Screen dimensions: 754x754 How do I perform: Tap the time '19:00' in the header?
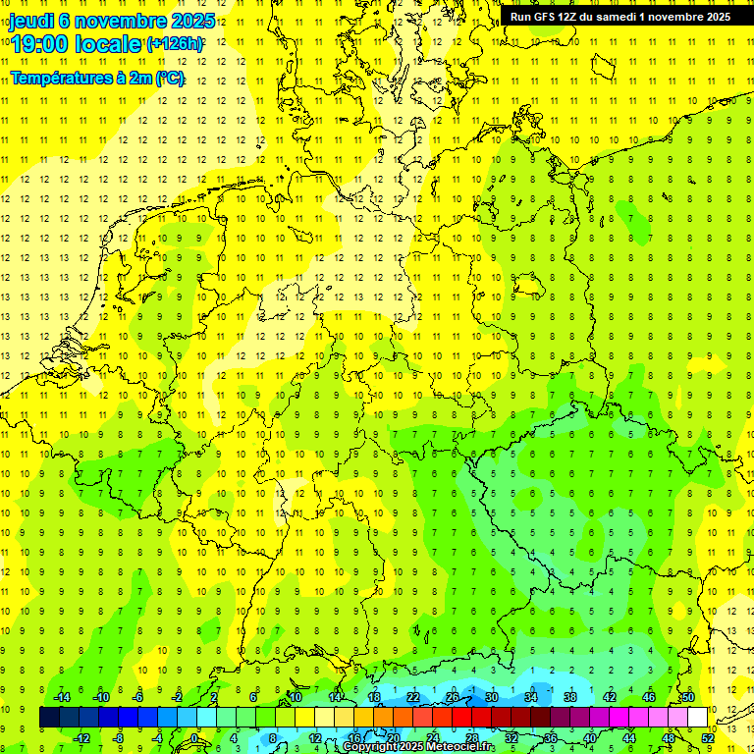[40, 44]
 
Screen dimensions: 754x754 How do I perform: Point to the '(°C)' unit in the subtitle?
[170, 79]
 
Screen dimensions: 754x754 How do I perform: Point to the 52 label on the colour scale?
[708, 738]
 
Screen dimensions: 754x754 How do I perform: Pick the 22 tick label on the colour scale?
[413, 697]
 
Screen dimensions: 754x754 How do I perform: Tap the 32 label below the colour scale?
[512, 738]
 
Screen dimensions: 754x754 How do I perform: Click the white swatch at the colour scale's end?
[697, 718]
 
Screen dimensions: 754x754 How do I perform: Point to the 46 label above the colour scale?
[649, 697]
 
